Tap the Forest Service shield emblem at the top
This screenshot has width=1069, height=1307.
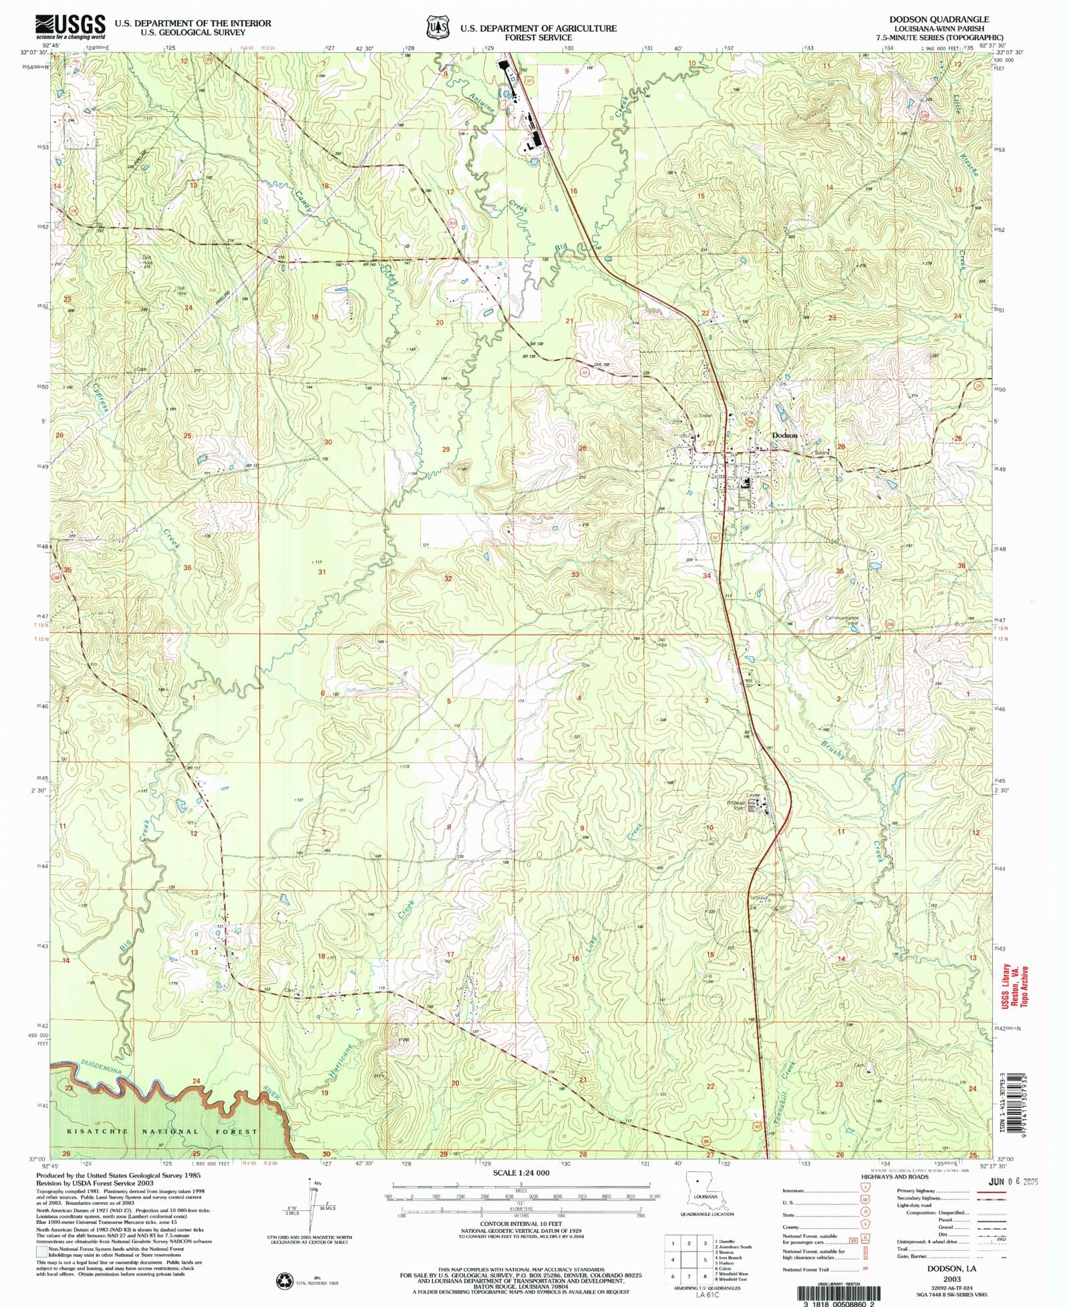(x=438, y=27)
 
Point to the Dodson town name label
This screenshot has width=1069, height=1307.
(x=784, y=435)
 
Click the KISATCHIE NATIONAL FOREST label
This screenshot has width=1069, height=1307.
(x=162, y=1132)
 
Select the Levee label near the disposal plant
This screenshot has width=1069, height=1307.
(x=754, y=796)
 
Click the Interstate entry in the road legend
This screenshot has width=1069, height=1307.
(x=795, y=1191)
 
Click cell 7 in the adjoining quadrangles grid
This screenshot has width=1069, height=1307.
(x=689, y=1276)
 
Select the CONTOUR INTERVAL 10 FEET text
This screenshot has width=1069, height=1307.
(x=521, y=1223)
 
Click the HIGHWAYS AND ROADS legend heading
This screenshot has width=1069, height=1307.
(x=895, y=1177)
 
